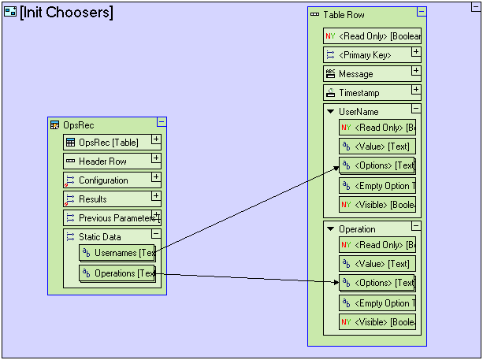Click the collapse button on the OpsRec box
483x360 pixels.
pos(162,122)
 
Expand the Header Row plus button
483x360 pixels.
pos(156,158)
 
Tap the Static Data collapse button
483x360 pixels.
pos(156,234)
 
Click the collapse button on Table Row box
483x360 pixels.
pos(422,13)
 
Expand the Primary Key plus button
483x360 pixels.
pos(416,52)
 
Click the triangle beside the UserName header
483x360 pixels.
pos(331,112)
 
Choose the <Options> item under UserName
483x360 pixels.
pos(377,165)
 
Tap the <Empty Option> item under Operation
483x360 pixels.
pos(377,303)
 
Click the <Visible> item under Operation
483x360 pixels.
pos(377,322)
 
